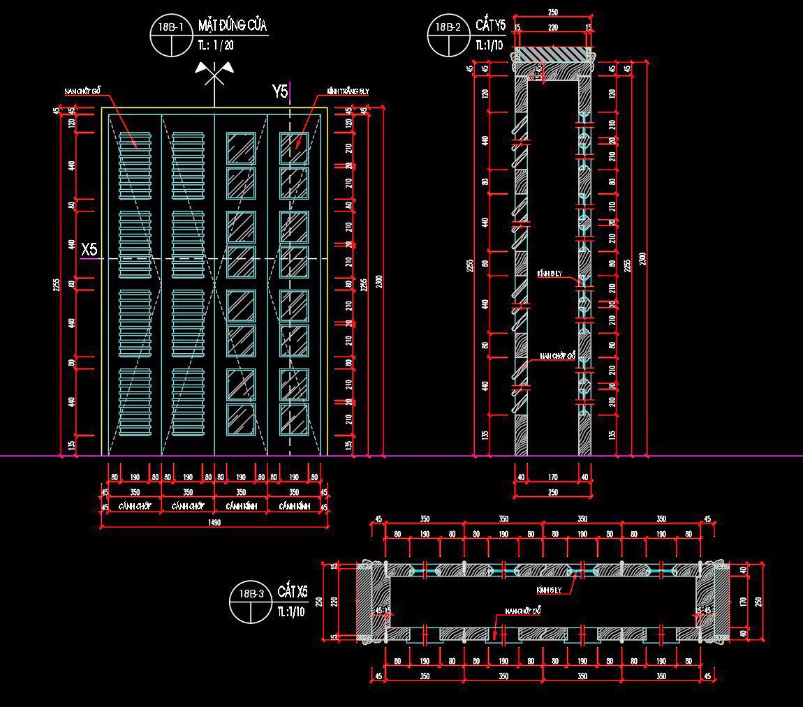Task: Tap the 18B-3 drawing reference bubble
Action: pos(251,602)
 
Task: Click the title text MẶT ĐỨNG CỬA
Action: pos(233,26)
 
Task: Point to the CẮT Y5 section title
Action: pos(490,27)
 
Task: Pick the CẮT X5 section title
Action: pos(292,593)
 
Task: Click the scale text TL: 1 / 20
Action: pos(216,45)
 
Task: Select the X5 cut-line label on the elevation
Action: pos(89,249)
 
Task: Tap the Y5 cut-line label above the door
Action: pos(280,91)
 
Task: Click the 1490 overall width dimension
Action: pos(214,522)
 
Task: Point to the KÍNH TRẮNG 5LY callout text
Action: pos(348,91)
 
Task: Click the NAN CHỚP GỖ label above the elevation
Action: pos(83,91)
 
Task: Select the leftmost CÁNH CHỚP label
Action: pos(135,506)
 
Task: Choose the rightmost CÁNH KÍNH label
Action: pos(294,506)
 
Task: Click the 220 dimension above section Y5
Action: pos(553,27)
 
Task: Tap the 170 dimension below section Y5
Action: pos(553,478)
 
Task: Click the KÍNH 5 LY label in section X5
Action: pos(549,590)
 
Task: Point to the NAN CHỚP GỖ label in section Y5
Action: pos(557,356)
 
